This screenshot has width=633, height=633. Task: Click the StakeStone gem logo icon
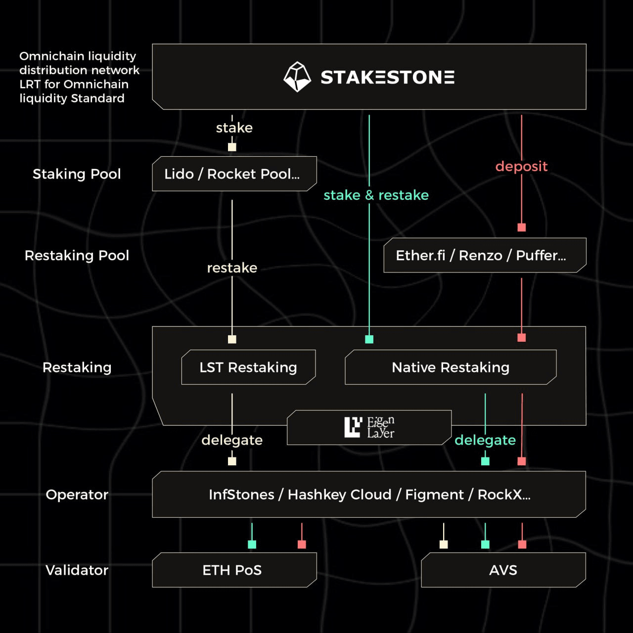pyautogui.click(x=297, y=77)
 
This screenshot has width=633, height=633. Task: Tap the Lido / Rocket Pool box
pyautogui.click(x=234, y=174)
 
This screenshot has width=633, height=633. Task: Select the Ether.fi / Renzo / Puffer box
pyautogui.click(x=485, y=255)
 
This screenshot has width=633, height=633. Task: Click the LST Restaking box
pyautogui.click(x=248, y=367)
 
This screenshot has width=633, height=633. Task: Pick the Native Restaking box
pyautogui.click(x=451, y=367)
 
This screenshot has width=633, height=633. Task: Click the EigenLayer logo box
pyautogui.click(x=369, y=427)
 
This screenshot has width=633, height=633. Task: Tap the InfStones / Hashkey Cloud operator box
pyautogui.click(x=369, y=495)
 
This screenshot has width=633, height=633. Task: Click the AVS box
pyautogui.click(x=503, y=570)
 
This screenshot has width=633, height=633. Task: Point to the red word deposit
pyautogui.click(x=521, y=166)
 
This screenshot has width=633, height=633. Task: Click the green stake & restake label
pyautogui.click(x=376, y=195)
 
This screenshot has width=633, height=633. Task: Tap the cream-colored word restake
pyautogui.click(x=232, y=268)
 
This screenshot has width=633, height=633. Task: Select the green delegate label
pyautogui.click(x=485, y=440)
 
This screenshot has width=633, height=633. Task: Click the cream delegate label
pyautogui.click(x=232, y=440)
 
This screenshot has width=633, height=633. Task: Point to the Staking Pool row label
pyautogui.click(x=77, y=174)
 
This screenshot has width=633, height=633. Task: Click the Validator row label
pyautogui.click(x=77, y=570)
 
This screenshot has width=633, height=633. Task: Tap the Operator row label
pyautogui.click(x=77, y=495)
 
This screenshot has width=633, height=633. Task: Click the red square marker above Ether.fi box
pyautogui.click(x=521, y=227)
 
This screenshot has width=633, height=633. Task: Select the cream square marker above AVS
pyautogui.click(x=444, y=544)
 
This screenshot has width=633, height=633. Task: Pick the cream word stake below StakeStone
pyautogui.click(x=234, y=128)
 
